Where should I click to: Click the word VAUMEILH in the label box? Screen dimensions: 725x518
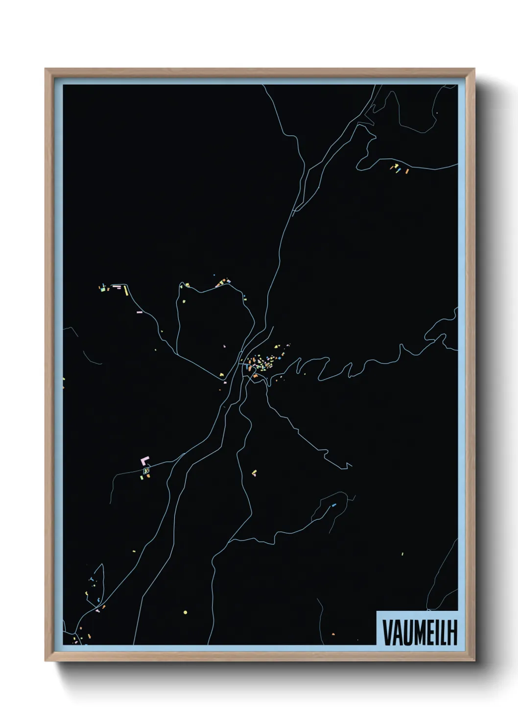point(420,633)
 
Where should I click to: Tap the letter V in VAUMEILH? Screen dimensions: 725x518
point(386,633)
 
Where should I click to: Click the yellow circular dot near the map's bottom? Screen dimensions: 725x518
point(185,612)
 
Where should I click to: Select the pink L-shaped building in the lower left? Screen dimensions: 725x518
point(144,460)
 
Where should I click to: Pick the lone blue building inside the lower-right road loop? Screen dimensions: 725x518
point(334,505)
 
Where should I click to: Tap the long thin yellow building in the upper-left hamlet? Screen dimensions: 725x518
point(125,290)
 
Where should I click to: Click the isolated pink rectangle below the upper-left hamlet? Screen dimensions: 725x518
point(140,312)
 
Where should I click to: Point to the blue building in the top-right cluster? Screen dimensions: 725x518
point(399,170)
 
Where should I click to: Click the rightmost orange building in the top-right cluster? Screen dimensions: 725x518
point(407,171)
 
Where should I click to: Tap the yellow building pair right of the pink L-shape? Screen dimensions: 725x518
point(254,473)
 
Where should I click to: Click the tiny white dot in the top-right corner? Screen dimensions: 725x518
point(436,113)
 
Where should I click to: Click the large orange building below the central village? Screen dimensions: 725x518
point(255,376)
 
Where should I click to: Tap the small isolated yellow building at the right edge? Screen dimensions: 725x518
point(402,554)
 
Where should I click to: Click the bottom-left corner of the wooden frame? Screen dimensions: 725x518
point(46,660)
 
